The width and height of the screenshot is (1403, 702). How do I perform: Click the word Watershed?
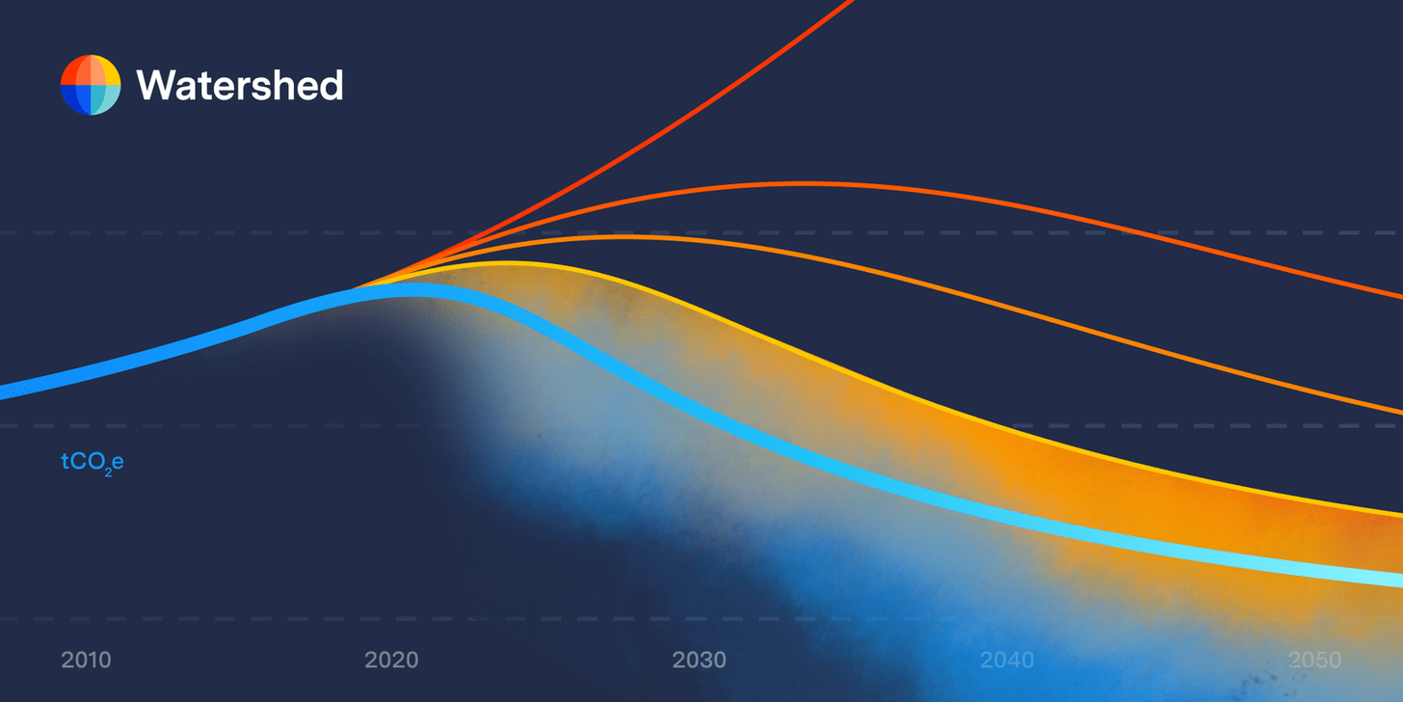(x=240, y=86)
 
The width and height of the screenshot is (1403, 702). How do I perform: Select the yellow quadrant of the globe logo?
(x=106, y=70)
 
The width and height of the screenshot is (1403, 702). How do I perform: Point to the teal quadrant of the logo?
(x=106, y=99)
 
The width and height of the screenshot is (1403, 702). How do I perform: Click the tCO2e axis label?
(x=93, y=463)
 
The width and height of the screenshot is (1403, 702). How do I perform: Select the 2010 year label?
(x=86, y=661)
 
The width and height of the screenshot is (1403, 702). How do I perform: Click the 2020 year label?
(x=391, y=661)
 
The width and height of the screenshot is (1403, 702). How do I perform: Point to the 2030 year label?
(x=700, y=661)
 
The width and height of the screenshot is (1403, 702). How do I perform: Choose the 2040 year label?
(x=1007, y=661)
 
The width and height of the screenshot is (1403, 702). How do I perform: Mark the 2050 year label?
(x=1315, y=661)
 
